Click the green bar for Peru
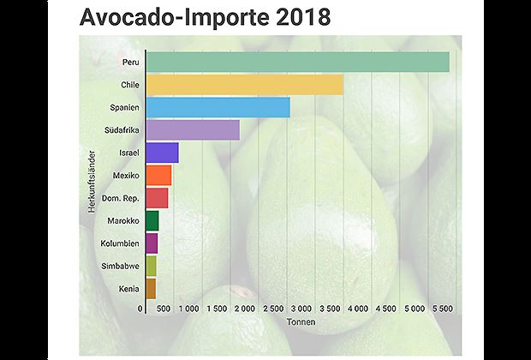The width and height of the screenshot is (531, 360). click(297, 63)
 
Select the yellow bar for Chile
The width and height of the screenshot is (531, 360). click(244, 85)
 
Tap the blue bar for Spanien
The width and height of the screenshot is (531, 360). click(218, 107)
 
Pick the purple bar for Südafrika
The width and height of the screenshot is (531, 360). click(193, 130)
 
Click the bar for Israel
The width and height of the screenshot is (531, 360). click(162, 153)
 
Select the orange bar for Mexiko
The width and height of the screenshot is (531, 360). click(158, 176)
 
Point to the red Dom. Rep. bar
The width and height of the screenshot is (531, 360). click(157, 198)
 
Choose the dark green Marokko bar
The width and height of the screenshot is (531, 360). click(152, 220)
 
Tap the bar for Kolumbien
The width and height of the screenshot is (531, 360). click(152, 243)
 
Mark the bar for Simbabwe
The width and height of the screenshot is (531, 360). click(151, 266)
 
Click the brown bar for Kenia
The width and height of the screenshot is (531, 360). click(151, 288)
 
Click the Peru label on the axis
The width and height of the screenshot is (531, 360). click(130, 63)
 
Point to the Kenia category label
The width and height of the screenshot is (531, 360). click(128, 289)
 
